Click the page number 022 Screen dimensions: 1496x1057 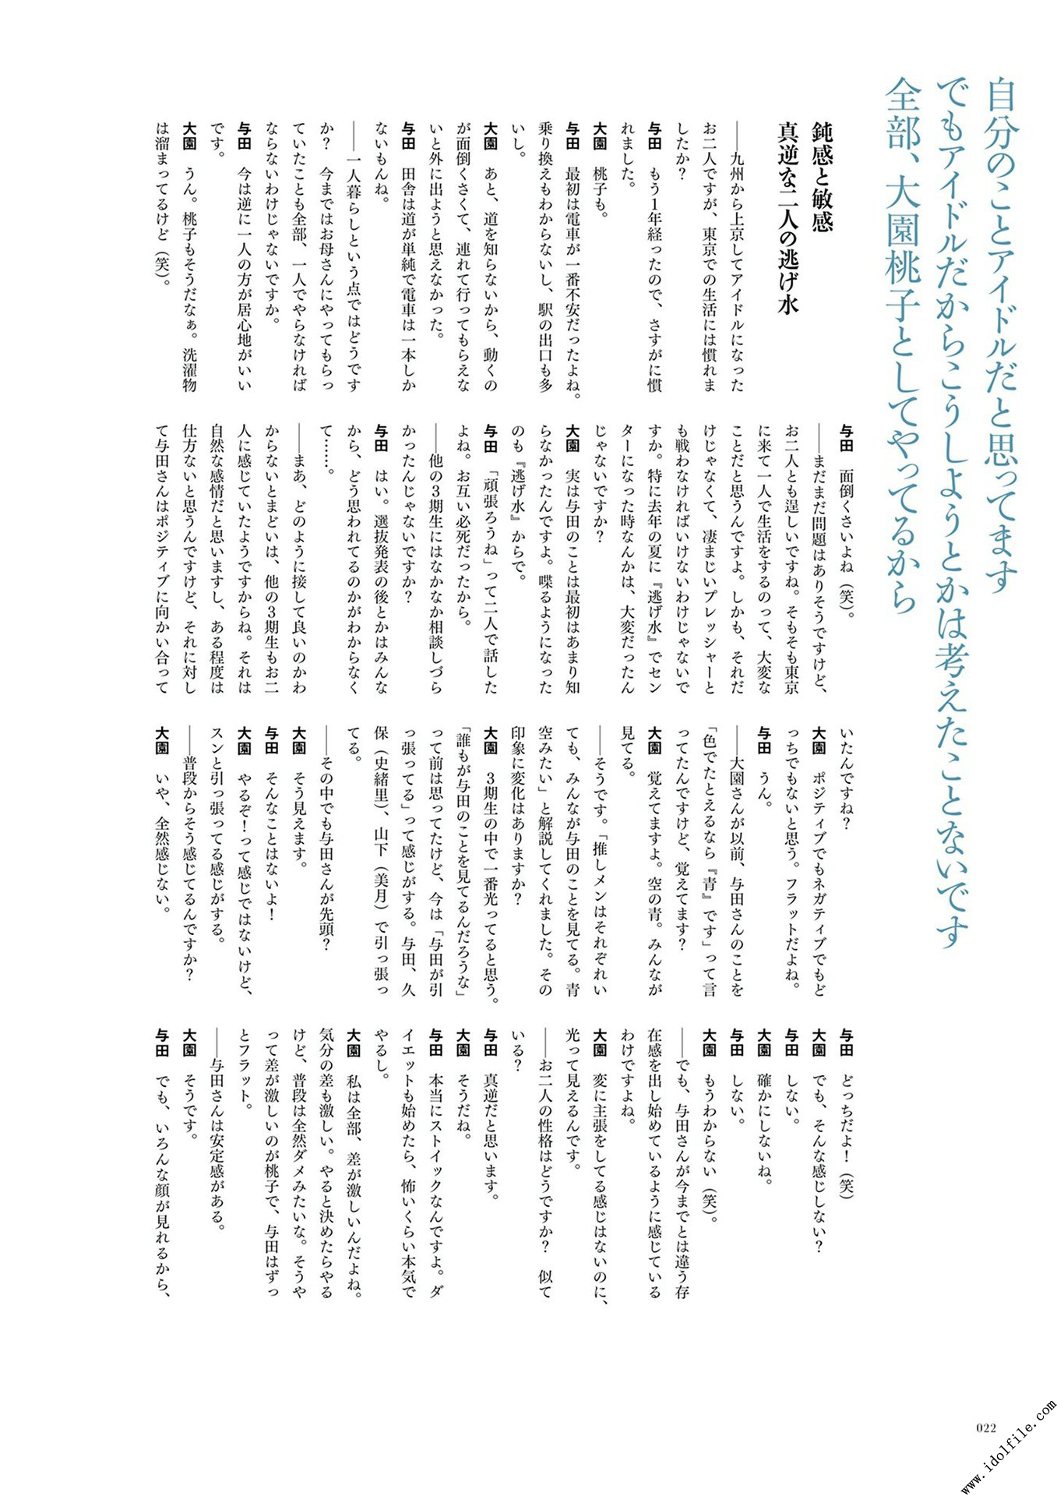tap(986, 1428)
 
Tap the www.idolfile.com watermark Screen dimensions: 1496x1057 tap(1009, 1446)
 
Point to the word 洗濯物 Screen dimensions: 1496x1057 tap(189, 369)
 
